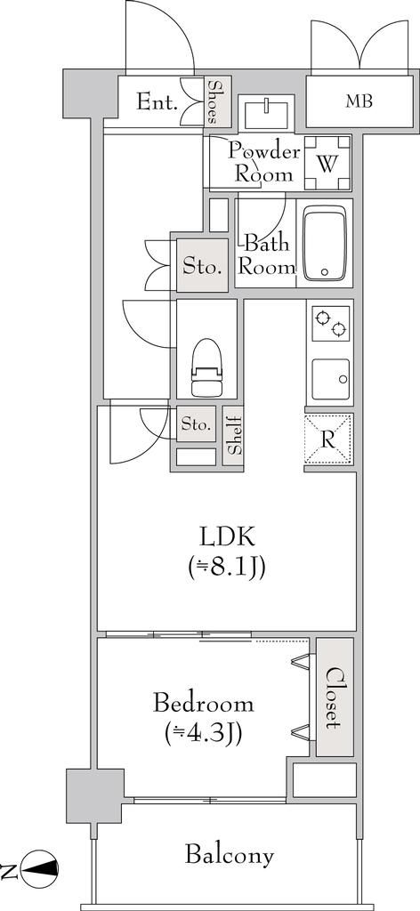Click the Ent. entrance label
157,103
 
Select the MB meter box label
359,101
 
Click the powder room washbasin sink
266,112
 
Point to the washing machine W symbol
327,164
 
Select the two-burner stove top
329,324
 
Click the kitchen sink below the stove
330,379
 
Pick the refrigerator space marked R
328,439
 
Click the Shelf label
232,436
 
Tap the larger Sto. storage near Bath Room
202,265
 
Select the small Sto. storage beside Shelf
196,423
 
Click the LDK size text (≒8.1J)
226,567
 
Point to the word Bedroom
203,704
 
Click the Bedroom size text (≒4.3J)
203,733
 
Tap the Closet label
335,697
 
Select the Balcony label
230,855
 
